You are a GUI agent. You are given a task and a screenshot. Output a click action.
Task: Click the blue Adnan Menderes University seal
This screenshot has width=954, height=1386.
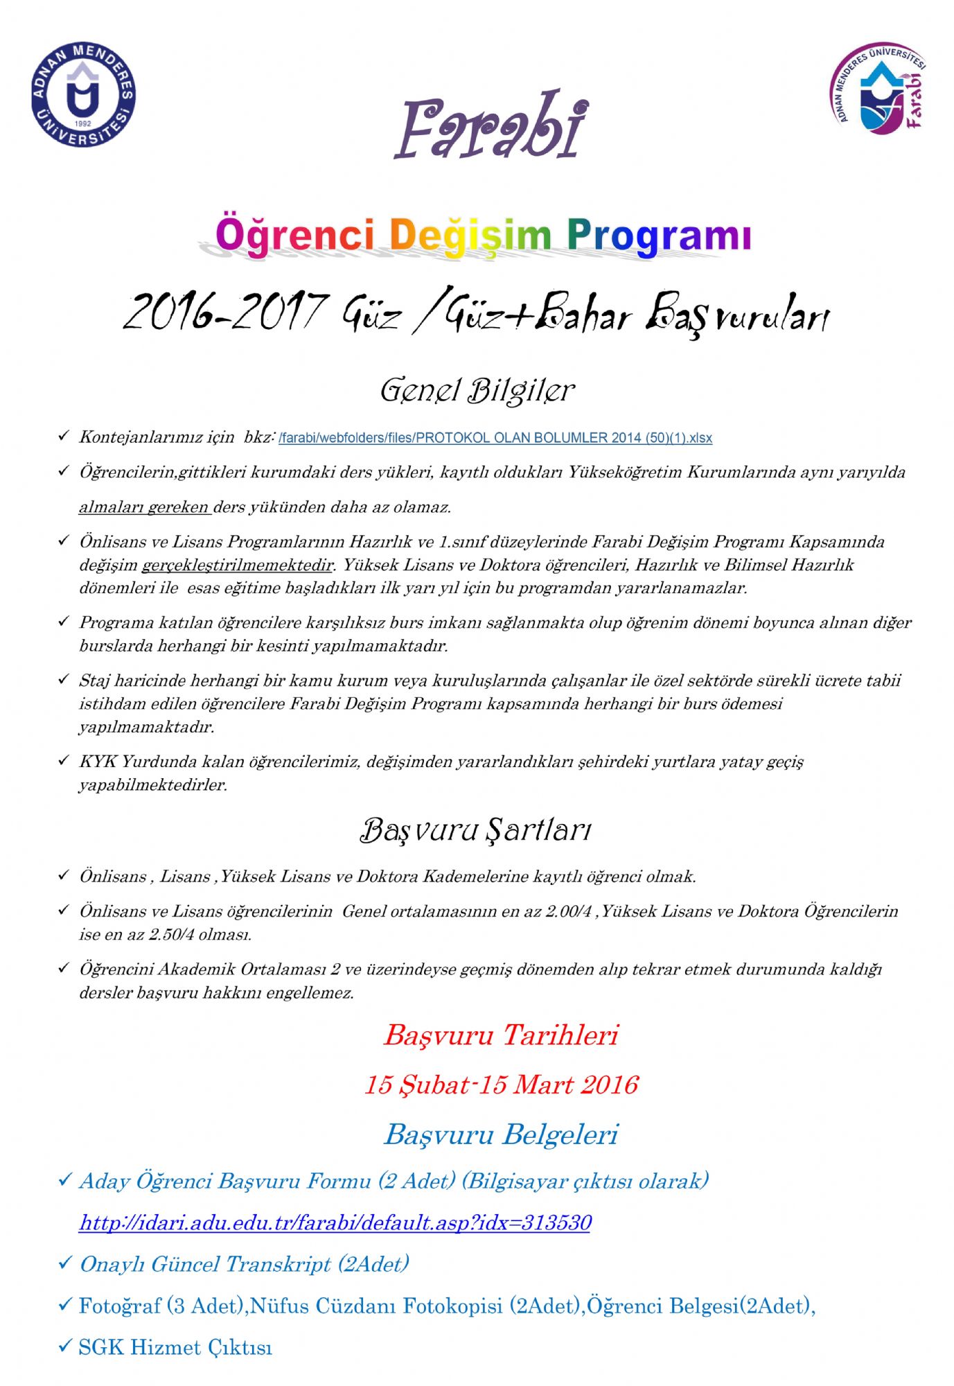tap(83, 95)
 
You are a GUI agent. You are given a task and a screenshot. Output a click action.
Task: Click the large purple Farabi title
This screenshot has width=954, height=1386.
tap(491, 127)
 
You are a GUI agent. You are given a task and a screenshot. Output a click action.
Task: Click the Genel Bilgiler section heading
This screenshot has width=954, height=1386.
tap(477, 391)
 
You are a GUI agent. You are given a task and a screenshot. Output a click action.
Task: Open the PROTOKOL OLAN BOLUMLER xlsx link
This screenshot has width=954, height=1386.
tap(495, 438)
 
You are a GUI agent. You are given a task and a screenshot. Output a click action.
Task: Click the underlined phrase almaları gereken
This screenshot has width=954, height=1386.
tap(144, 507)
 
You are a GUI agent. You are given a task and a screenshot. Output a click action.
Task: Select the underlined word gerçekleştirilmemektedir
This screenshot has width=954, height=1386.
tap(238, 565)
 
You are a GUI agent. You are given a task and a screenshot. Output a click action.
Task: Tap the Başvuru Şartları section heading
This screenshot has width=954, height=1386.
tap(475, 830)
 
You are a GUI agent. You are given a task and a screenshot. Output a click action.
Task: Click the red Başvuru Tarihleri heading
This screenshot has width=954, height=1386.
tap(500, 1035)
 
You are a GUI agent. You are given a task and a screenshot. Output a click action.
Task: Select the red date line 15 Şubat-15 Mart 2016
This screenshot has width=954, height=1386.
tap(501, 1085)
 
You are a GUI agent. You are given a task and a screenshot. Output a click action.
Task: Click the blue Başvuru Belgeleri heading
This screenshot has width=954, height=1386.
tap(500, 1134)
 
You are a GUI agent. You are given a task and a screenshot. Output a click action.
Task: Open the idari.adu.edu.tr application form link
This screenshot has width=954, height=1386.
tap(335, 1222)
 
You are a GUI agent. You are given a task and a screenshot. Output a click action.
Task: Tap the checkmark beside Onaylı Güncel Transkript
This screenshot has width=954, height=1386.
tap(64, 1263)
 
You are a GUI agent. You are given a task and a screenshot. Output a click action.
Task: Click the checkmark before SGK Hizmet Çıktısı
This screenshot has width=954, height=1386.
tap(64, 1346)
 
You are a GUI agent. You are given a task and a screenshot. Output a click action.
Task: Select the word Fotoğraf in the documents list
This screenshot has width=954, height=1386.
tap(119, 1306)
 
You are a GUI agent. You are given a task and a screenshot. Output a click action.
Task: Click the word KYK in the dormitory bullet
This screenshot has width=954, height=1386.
tap(97, 762)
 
